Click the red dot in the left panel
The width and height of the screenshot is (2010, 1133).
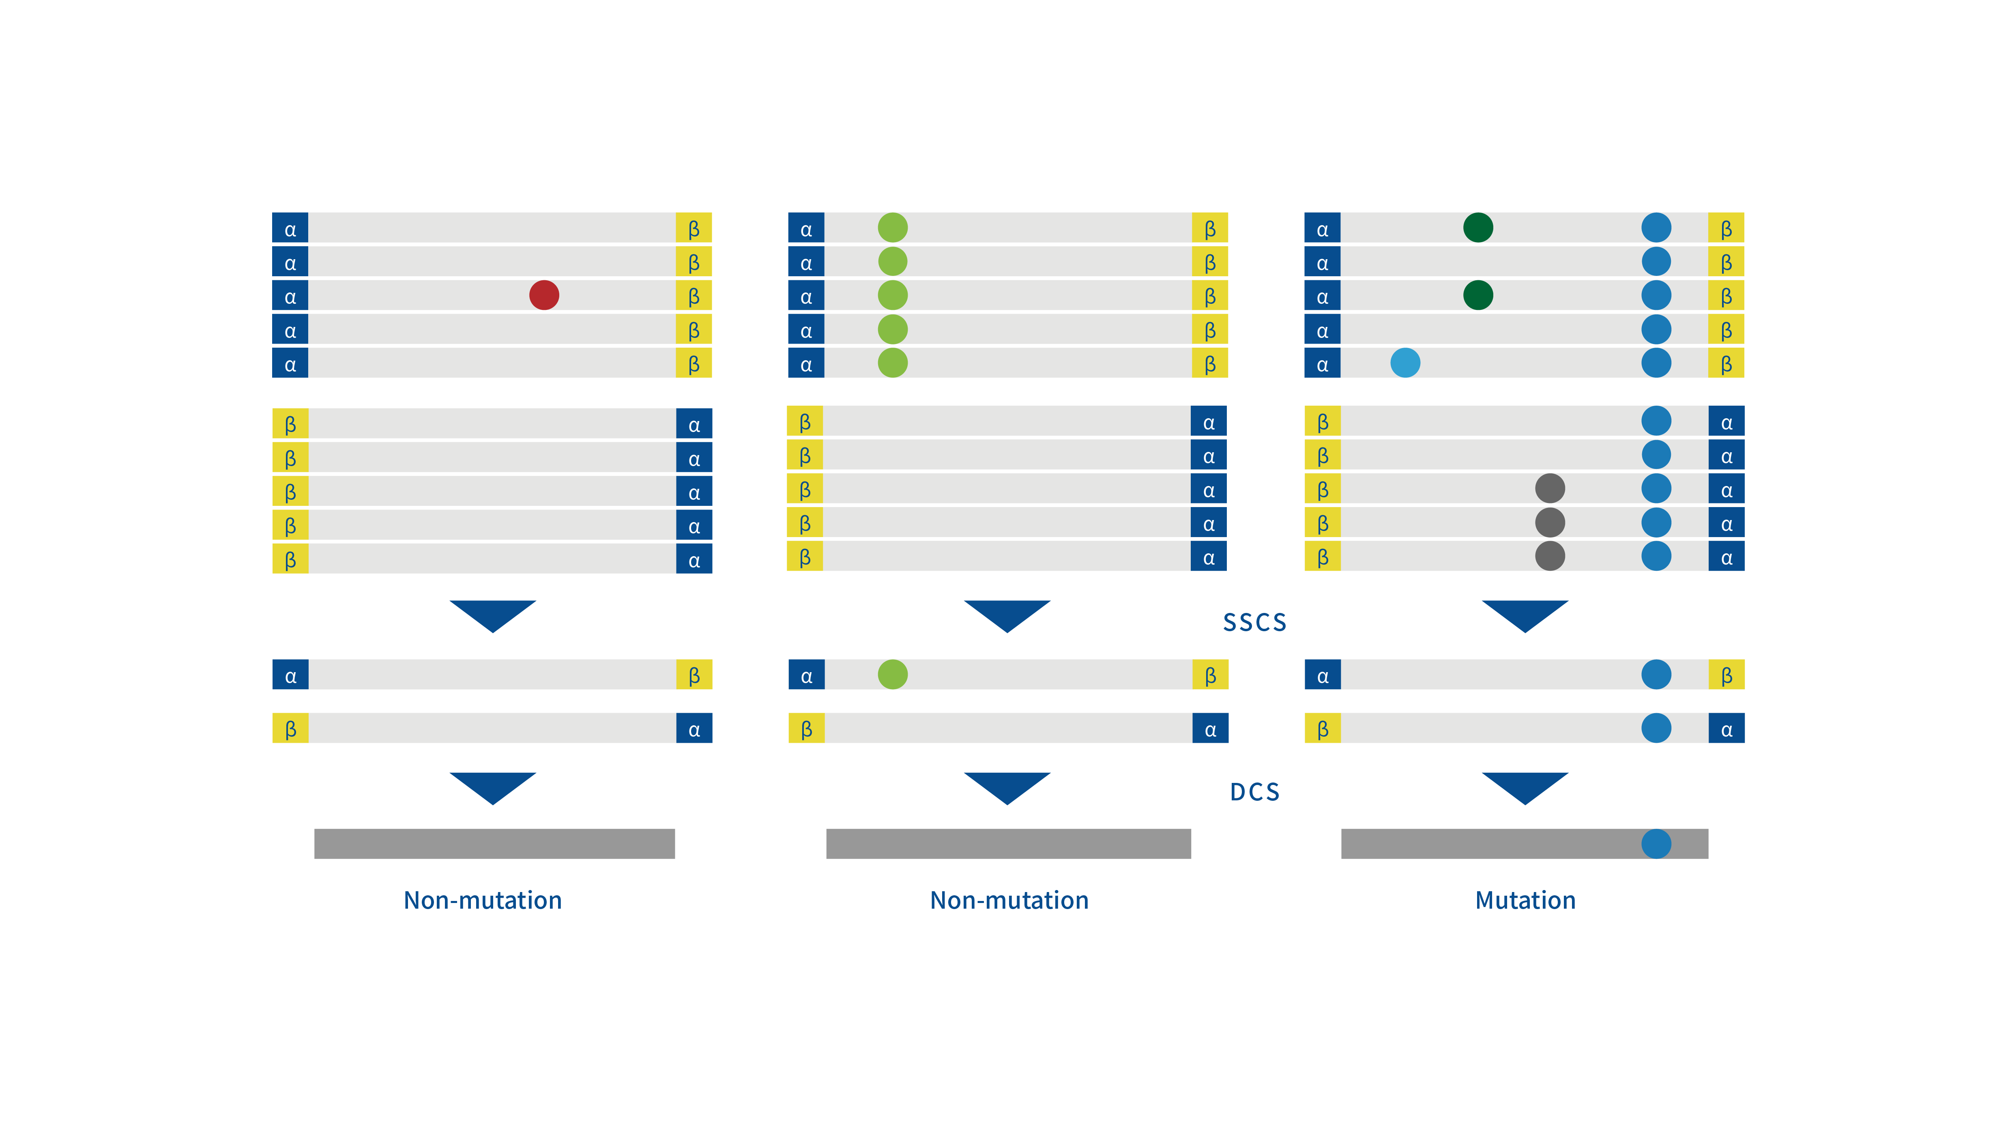click(x=544, y=295)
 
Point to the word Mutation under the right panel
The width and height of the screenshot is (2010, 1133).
click(x=1525, y=901)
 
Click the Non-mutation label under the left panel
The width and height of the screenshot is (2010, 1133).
click(x=482, y=901)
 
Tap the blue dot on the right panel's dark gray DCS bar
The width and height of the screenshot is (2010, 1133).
click(x=1656, y=843)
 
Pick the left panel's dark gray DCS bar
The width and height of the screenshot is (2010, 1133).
click(x=494, y=843)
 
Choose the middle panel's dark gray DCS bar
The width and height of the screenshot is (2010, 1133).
click(x=1008, y=843)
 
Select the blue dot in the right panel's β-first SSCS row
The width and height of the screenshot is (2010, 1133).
click(x=1656, y=728)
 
